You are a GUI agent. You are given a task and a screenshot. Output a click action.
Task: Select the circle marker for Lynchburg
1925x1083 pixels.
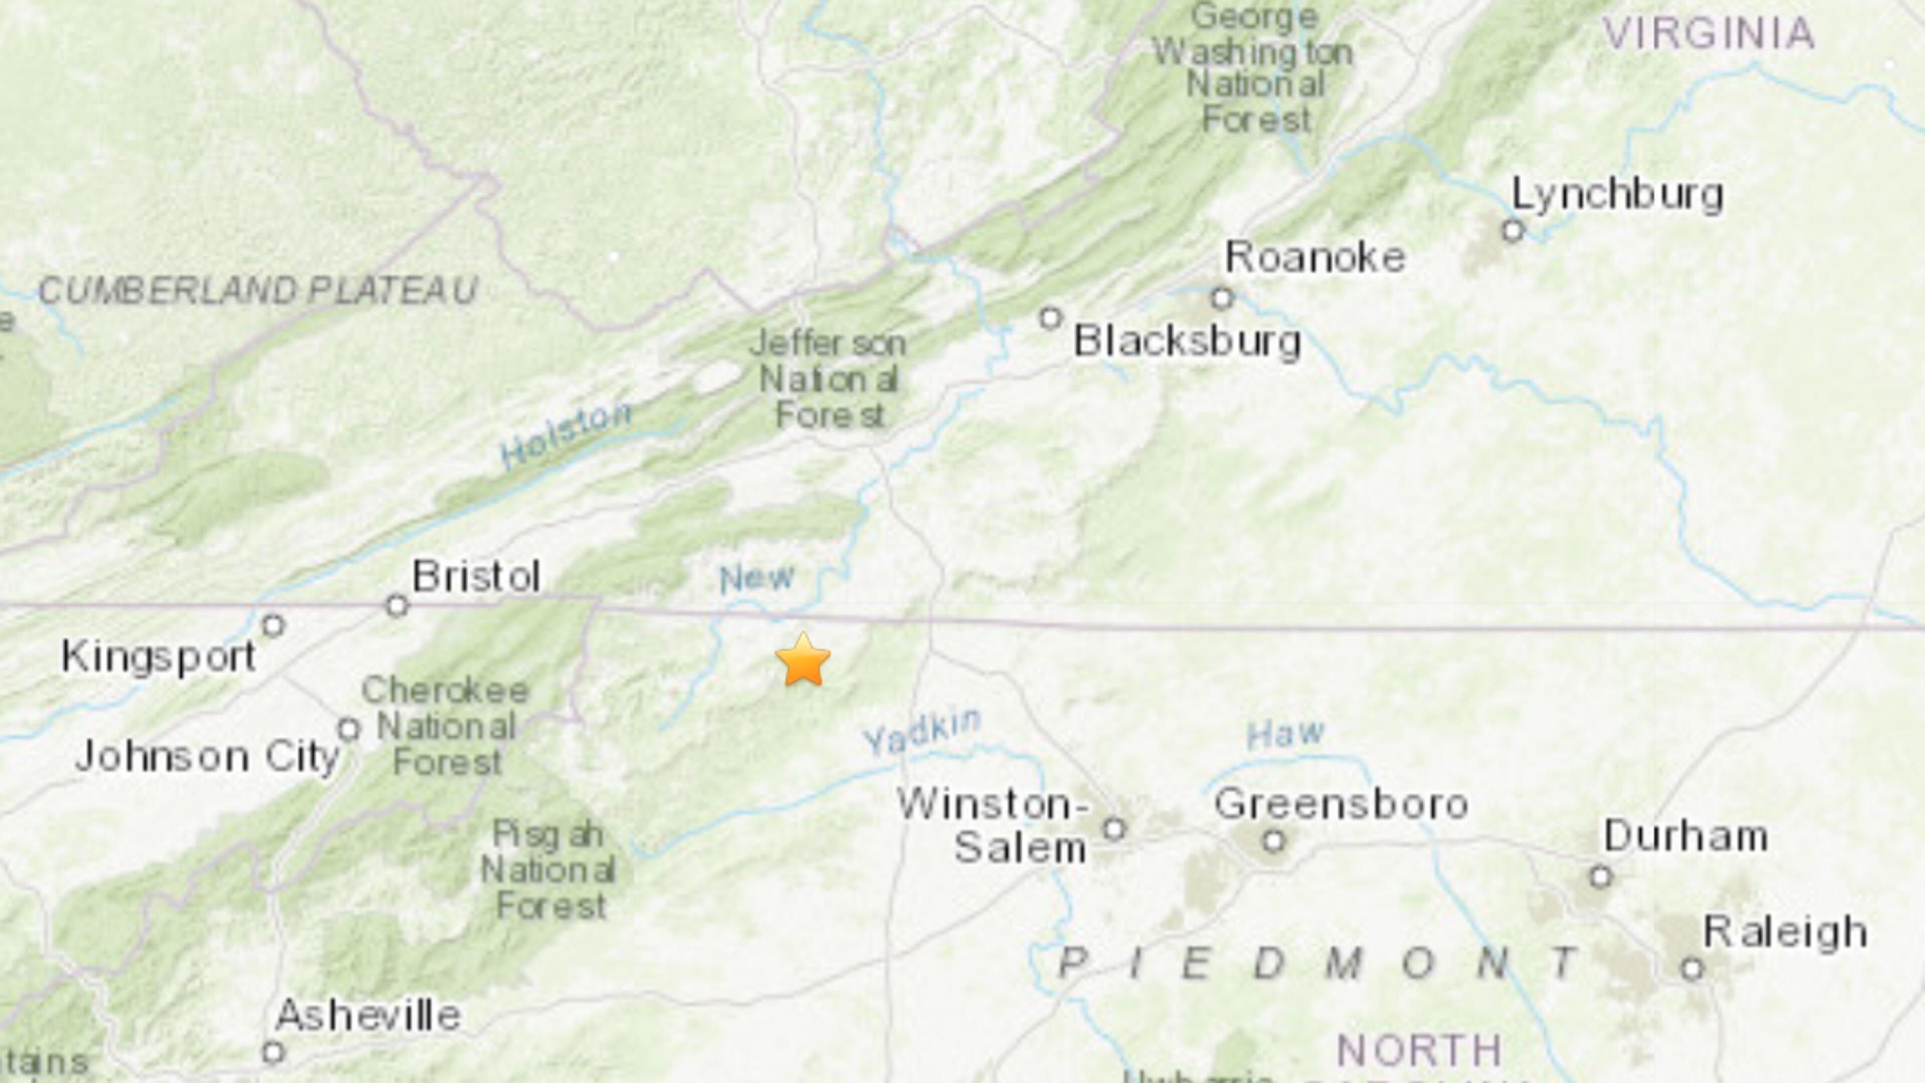click(x=1513, y=230)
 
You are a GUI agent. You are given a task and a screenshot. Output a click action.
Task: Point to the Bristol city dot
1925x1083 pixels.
click(x=397, y=605)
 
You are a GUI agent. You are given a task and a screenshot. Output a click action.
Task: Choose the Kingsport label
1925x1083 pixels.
click(x=158, y=657)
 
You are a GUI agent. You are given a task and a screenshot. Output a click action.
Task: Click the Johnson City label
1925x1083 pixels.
click(x=208, y=757)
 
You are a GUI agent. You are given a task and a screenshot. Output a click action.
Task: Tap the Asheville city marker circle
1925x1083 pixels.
click(x=274, y=1052)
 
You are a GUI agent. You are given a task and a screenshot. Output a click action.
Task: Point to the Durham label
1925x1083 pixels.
click(x=1685, y=836)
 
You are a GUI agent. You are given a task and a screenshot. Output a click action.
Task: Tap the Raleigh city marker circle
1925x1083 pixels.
click(x=1692, y=969)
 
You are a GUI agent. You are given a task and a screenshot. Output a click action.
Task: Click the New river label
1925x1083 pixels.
click(x=756, y=578)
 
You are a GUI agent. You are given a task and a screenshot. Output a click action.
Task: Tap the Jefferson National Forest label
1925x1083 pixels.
click(x=828, y=380)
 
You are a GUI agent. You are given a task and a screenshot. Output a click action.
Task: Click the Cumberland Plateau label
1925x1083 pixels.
click(x=258, y=291)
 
